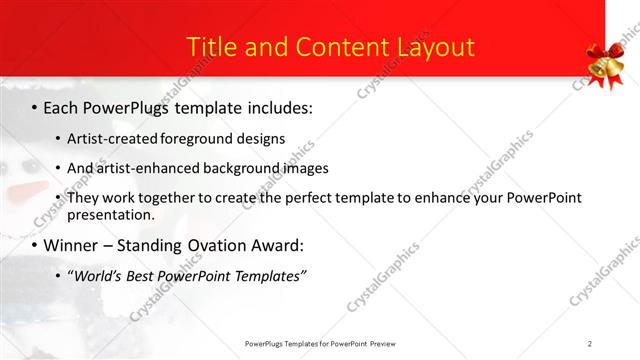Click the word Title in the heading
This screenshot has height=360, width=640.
(x=212, y=47)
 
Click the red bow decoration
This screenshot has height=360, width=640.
(x=605, y=54)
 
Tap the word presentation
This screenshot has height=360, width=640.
(x=111, y=215)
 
